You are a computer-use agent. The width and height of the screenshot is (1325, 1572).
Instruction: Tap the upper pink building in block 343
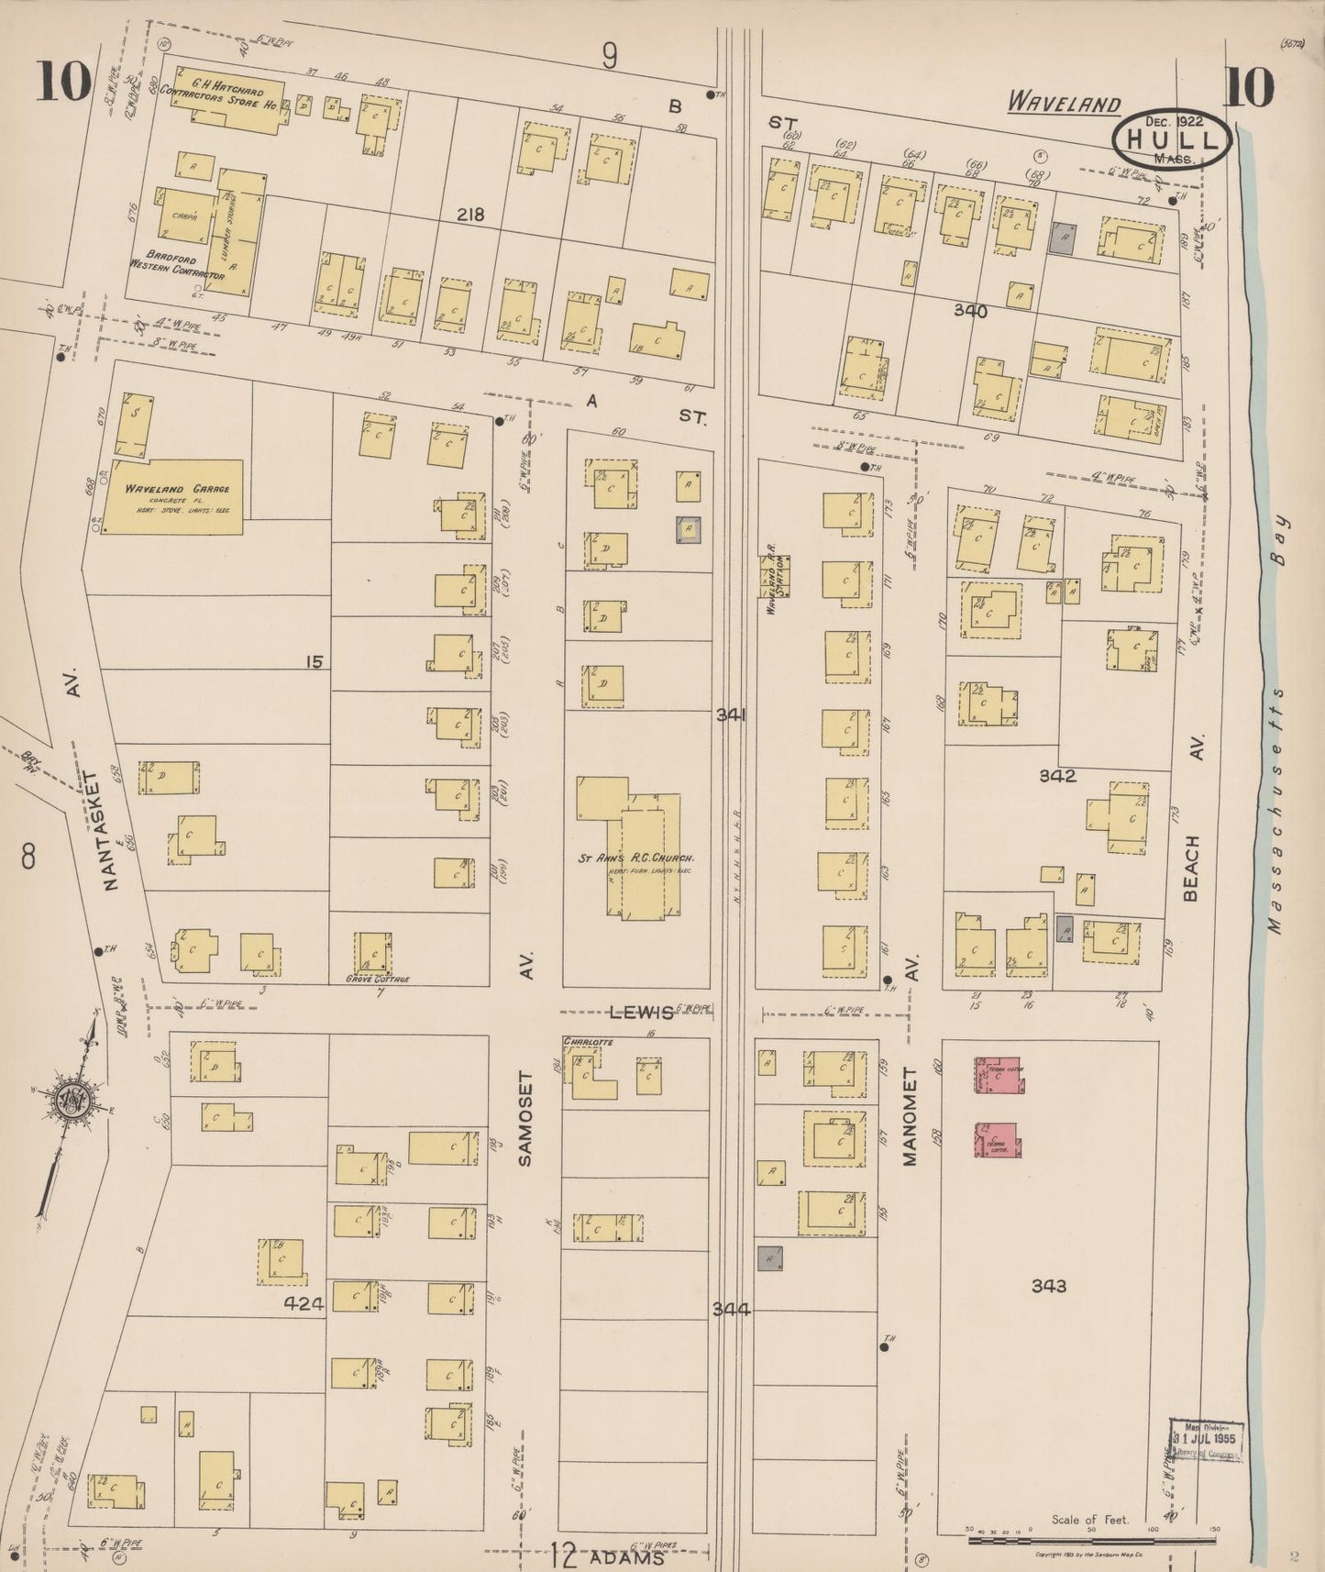[x=999, y=1074]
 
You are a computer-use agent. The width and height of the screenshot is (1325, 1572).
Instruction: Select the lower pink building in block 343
[x=998, y=1140]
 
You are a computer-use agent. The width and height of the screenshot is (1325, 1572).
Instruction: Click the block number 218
[x=471, y=215]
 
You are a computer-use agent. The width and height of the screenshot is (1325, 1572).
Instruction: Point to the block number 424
[x=304, y=1303]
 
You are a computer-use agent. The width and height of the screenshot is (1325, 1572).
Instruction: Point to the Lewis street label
[x=642, y=1012]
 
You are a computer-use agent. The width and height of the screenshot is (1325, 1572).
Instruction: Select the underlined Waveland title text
[x=1064, y=103]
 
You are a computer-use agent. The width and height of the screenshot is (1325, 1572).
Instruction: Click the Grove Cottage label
[x=378, y=979]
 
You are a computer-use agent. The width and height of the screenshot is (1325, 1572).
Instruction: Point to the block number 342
[x=1056, y=776]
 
